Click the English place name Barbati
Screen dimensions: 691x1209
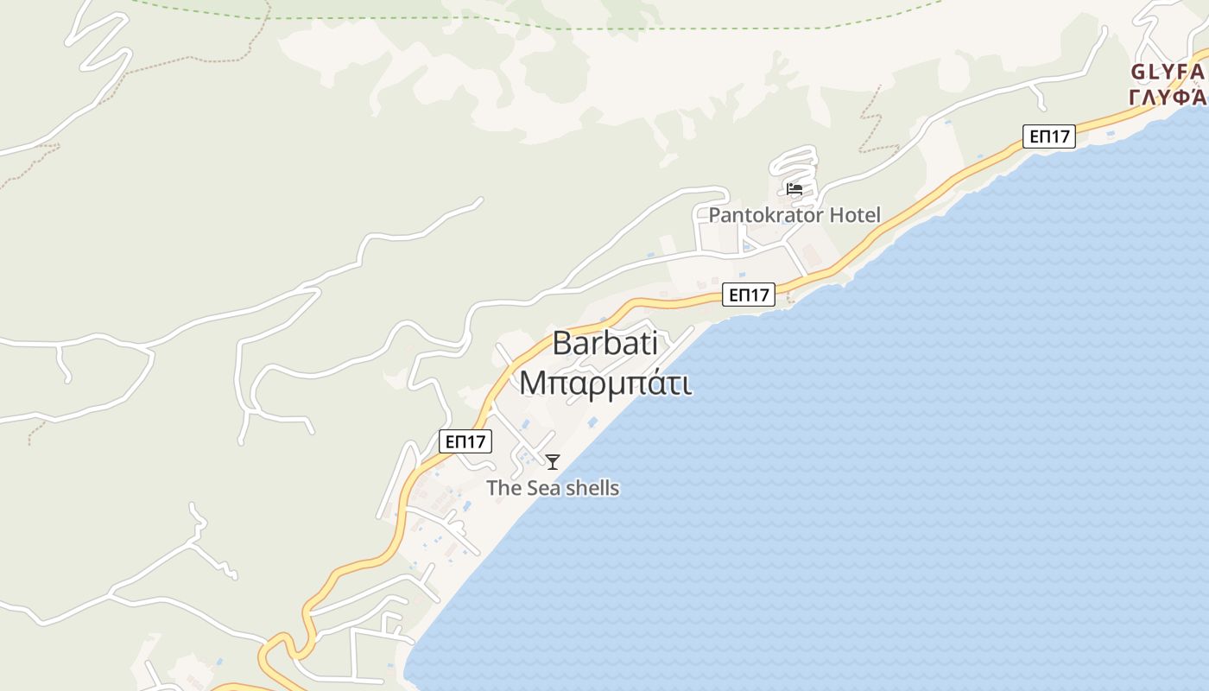click(604, 343)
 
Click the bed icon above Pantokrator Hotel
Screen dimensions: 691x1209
click(794, 189)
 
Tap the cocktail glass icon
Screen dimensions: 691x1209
click(553, 462)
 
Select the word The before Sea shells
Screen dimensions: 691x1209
click(503, 488)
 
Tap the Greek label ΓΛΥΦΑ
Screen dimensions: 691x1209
click(1168, 95)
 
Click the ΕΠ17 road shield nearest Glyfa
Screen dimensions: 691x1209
click(1049, 136)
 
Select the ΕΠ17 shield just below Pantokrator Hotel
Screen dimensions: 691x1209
click(749, 295)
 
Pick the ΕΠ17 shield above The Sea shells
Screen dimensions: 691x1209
click(465, 441)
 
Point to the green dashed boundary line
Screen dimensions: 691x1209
click(691, 28)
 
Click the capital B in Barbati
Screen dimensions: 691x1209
click(562, 343)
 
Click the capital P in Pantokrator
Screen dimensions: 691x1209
click(715, 215)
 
